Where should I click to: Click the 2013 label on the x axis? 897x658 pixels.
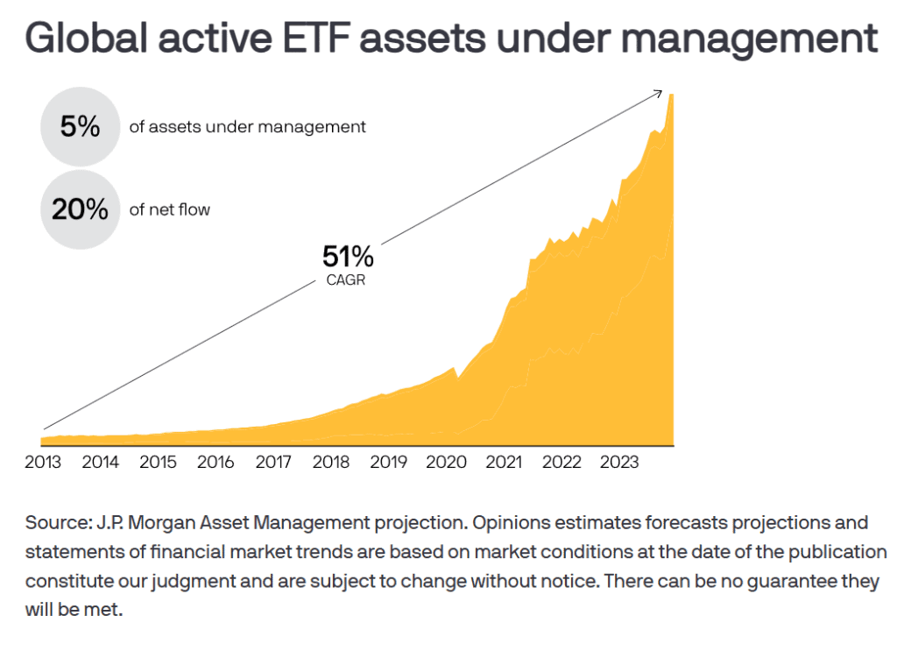point(43,462)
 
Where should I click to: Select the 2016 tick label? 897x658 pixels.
point(215,462)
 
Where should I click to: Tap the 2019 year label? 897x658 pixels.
point(388,462)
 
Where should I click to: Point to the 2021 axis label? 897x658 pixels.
point(504,462)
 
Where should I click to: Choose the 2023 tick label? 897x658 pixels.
point(619,462)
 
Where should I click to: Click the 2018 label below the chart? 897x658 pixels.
point(330,462)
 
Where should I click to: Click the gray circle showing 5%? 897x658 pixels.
point(80,126)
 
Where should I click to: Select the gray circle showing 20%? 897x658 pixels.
point(80,209)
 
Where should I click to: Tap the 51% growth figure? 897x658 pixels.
point(348,257)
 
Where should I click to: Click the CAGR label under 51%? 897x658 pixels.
point(345,279)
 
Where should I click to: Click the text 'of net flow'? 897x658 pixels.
point(169,210)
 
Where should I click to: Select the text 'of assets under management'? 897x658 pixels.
point(247,127)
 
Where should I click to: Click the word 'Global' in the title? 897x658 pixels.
point(87,39)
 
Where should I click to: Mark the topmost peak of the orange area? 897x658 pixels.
point(671,95)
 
